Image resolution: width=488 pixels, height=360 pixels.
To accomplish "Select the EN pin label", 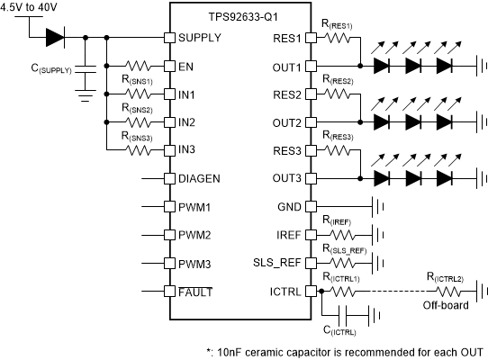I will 185,66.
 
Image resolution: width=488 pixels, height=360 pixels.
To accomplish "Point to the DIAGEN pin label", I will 199,178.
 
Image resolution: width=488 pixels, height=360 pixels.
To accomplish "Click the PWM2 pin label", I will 194,235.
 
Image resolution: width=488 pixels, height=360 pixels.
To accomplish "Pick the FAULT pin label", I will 195,292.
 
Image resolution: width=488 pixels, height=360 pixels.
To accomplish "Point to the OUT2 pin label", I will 285,122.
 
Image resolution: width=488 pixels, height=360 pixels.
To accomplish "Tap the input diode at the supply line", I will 56,38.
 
